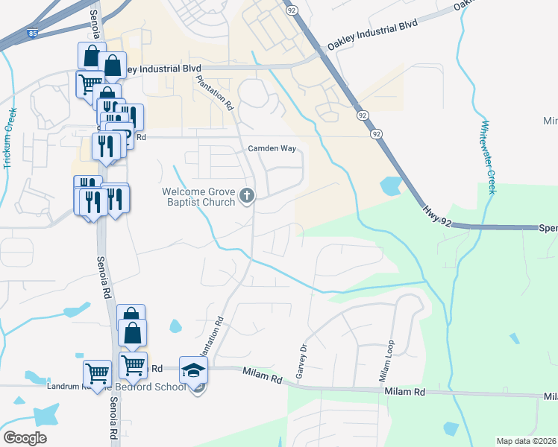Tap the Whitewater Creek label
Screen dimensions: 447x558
(488, 158)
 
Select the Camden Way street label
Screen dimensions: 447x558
(272, 148)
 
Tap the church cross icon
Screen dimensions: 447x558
(247, 197)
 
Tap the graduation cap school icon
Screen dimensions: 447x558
(193, 370)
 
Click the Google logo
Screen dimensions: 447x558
(25, 438)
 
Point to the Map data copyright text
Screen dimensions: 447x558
(527, 441)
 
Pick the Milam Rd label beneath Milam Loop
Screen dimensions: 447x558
(404, 392)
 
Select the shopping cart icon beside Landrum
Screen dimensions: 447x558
(97, 372)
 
